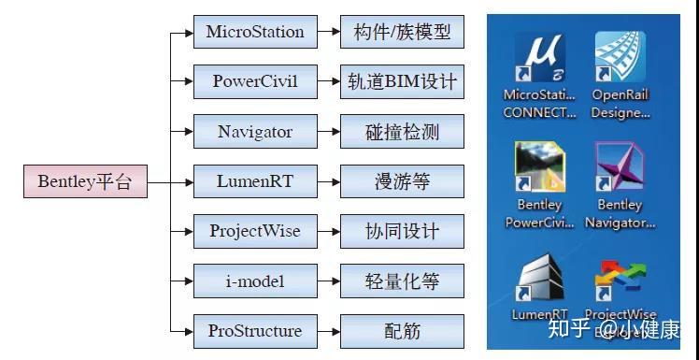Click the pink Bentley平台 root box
(x=85, y=181)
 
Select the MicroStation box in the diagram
(x=255, y=32)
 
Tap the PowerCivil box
(x=255, y=81)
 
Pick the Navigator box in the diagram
(x=255, y=132)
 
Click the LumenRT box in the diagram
(x=255, y=181)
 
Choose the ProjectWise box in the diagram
(x=255, y=231)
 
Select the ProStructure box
(x=255, y=331)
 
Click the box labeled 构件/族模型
(x=402, y=32)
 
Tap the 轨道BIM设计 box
(x=402, y=81)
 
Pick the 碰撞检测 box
(x=402, y=132)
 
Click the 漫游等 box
(x=402, y=181)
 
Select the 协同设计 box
(x=402, y=231)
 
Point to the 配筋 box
(x=402, y=331)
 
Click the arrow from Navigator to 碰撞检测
(x=328, y=132)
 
